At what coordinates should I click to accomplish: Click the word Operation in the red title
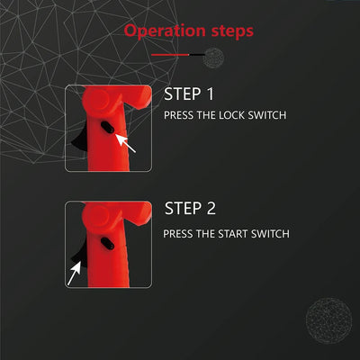coord(166,31)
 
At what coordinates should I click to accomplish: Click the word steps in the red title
coord(232,31)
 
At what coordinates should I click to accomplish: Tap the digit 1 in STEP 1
coord(210,94)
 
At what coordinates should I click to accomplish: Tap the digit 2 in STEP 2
coord(211,208)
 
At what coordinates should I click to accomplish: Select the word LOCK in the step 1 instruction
coord(231,115)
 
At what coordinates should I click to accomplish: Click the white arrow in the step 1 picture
coord(125,143)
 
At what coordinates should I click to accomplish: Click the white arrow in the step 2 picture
coord(75,273)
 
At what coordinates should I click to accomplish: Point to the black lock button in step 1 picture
coord(107,128)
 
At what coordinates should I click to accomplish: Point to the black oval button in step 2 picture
coord(107,244)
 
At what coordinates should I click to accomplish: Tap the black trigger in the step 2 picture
coord(79,254)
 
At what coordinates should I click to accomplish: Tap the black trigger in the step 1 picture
coord(80,138)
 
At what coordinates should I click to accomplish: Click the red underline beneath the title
coord(170,55)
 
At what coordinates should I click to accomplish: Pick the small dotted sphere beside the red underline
coord(213,58)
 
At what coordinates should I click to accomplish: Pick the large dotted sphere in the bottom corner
coord(328,320)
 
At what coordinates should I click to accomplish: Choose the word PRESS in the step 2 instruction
coord(178,234)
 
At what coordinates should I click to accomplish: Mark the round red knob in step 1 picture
coord(99,99)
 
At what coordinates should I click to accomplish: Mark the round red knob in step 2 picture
coord(99,215)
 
